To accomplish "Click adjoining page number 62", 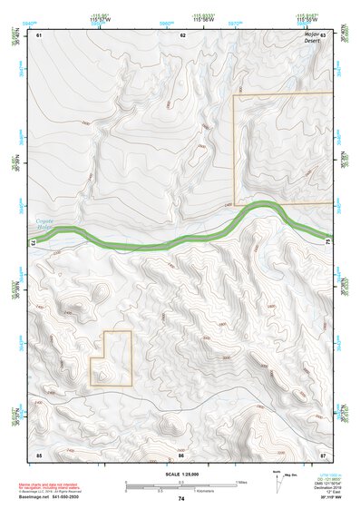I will click(182, 34).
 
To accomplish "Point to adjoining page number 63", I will click(323, 34).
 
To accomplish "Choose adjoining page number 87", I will click(323, 454).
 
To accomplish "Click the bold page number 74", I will click(181, 499).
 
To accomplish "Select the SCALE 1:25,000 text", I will click(181, 475).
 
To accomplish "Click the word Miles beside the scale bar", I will click(242, 481).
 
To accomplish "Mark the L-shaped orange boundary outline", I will click(111, 359).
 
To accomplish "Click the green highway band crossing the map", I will click(181, 238).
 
